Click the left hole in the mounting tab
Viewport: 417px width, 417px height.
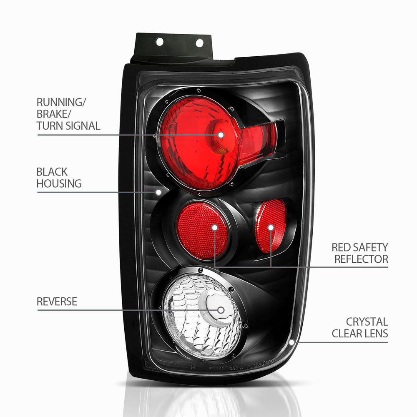(159, 42)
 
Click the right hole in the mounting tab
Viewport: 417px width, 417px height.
(199, 43)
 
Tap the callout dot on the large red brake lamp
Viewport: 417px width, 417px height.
(221, 135)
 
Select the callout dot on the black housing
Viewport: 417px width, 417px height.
(158, 192)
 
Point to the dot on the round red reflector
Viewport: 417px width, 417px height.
(215, 228)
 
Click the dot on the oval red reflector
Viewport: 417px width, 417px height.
(271, 228)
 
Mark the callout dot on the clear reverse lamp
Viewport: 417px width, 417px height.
(221, 310)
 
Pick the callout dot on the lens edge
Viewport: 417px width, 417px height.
(291, 342)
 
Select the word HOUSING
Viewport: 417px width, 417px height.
(59, 183)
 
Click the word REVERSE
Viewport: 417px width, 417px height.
(57, 301)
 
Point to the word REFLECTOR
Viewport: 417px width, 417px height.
(361, 259)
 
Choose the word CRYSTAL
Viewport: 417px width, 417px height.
(367, 322)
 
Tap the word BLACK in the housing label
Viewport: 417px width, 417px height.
(52, 171)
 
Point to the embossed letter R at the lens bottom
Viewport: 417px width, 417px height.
(193, 368)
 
